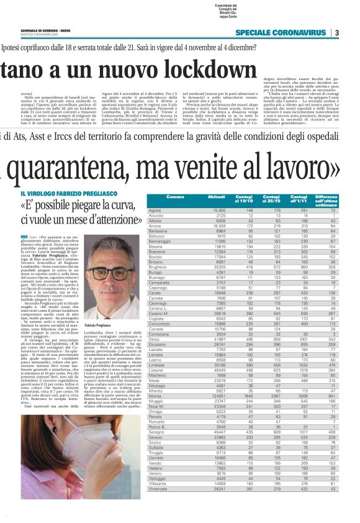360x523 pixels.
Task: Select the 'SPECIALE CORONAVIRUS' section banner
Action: click(283, 33)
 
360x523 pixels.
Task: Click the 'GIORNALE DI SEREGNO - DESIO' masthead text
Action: click(46, 30)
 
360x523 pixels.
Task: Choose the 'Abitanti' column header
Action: click(217, 197)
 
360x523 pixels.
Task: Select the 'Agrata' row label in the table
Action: click(156, 211)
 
